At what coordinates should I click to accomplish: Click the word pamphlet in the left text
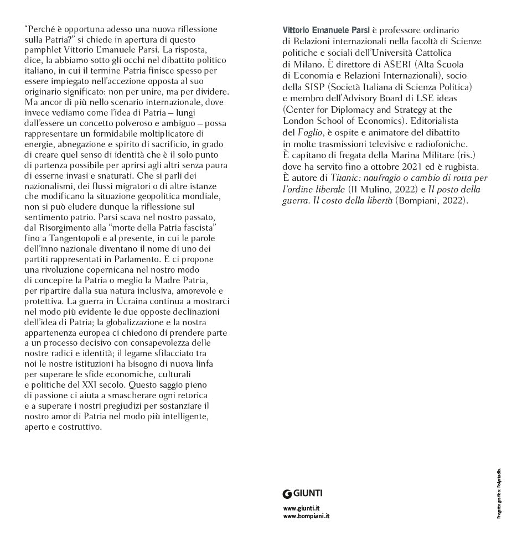point(43,50)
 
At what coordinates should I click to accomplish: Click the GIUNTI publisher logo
point(302,494)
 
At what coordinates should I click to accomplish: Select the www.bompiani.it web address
point(306,517)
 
